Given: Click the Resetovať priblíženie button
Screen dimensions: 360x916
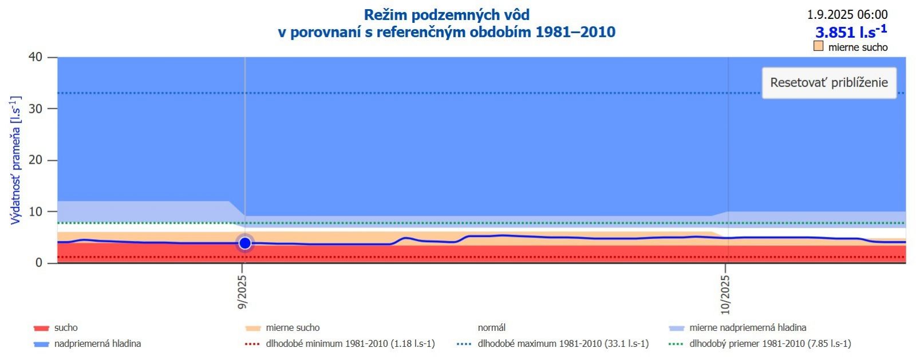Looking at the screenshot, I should point(828,82).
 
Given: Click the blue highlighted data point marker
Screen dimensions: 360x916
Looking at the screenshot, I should point(245,243).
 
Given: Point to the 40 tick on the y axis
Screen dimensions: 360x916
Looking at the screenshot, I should point(35,57).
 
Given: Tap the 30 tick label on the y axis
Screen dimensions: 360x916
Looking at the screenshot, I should point(35,109).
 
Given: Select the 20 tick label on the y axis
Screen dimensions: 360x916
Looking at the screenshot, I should point(35,160).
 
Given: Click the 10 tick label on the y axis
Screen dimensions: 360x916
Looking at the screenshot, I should point(35,212).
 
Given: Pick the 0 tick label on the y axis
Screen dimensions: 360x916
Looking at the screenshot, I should point(38,263).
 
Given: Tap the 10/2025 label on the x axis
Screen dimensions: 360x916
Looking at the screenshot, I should point(725,295).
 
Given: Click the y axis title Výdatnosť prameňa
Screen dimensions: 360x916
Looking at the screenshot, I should point(15,160).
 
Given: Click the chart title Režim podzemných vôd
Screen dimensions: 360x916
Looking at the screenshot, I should point(447,15).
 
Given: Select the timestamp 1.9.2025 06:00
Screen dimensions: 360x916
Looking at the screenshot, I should point(847,15).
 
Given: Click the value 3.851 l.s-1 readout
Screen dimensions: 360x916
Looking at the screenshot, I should point(851,31).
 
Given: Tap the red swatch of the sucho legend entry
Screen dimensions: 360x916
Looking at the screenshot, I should point(41,329).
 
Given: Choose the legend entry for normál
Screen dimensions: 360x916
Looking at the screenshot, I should point(491,328).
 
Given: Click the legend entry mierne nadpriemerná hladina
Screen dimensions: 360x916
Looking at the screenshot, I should point(747,328).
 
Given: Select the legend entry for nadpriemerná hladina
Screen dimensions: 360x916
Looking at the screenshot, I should point(97,344).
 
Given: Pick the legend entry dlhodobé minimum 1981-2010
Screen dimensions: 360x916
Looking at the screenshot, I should point(350,344).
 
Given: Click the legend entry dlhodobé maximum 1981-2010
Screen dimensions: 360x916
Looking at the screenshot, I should point(563,344).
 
